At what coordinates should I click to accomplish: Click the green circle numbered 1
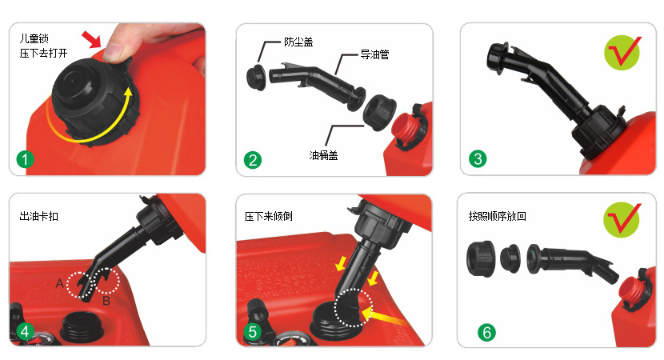(x=25, y=159)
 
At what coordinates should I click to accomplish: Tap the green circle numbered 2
(x=253, y=160)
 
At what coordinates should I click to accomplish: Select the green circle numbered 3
(x=478, y=159)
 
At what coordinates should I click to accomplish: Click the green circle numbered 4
(x=25, y=331)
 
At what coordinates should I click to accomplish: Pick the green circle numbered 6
(x=486, y=333)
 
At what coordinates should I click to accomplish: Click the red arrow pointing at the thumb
(x=91, y=39)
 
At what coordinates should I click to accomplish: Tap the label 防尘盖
(x=298, y=42)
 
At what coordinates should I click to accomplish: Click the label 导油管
(x=374, y=54)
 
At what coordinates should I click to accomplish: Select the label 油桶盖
(x=323, y=155)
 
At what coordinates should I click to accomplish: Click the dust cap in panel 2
(x=255, y=77)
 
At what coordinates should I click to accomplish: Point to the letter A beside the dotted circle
(x=60, y=283)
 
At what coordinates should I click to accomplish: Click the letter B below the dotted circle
(x=106, y=301)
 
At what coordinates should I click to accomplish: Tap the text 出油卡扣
(x=39, y=217)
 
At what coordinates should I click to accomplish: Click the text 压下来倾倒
(x=269, y=217)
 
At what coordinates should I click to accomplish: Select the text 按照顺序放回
(x=497, y=217)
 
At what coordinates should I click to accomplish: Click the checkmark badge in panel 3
(x=622, y=53)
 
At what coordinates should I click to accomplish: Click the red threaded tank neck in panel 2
(x=402, y=128)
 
